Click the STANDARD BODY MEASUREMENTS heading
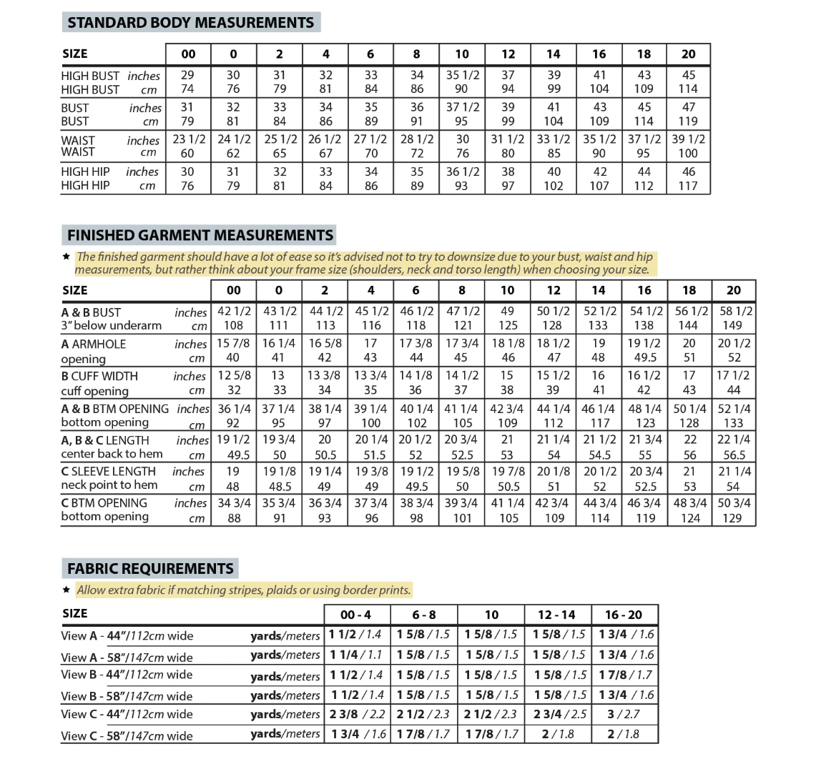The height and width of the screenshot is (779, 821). tap(190, 22)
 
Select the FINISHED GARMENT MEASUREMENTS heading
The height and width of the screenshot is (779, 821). tap(200, 235)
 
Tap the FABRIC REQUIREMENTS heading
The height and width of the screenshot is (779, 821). tap(150, 569)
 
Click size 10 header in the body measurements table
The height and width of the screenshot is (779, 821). tap(462, 54)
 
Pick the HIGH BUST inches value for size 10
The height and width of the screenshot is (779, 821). tap(462, 75)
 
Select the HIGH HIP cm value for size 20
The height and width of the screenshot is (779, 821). tap(688, 186)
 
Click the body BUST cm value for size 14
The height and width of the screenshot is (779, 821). tap(554, 121)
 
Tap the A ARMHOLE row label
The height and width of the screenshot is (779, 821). tap(93, 344)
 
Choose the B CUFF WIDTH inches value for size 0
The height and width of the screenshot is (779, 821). tap(278, 376)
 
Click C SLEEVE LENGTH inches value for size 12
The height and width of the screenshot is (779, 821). tap(554, 471)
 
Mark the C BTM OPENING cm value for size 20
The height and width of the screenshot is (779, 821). tap(734, 518)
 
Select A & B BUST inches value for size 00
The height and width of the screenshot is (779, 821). tap(234, 312)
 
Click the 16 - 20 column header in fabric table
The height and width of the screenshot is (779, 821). tap(624, 615)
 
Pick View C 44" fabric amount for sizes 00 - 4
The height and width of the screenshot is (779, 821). tap(357, 714)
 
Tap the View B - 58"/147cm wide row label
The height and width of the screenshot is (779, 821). tap(127, 695)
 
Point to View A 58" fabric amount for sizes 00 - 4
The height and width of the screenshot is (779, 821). tap(356, 655)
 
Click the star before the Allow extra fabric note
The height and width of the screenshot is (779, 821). tap(66, 590)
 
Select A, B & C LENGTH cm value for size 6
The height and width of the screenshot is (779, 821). tap(416, 455)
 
